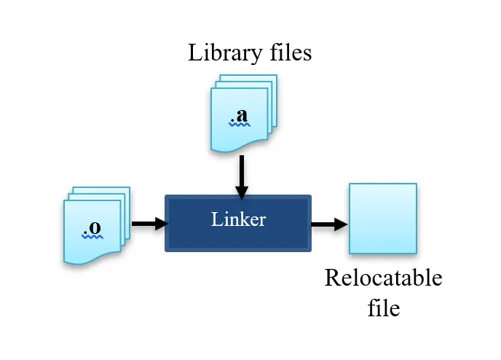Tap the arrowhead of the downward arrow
(x=241, y=192)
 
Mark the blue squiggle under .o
(x=92, y=236)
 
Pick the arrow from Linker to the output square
(x=328, y=224)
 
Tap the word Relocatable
(x=383, y=278)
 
